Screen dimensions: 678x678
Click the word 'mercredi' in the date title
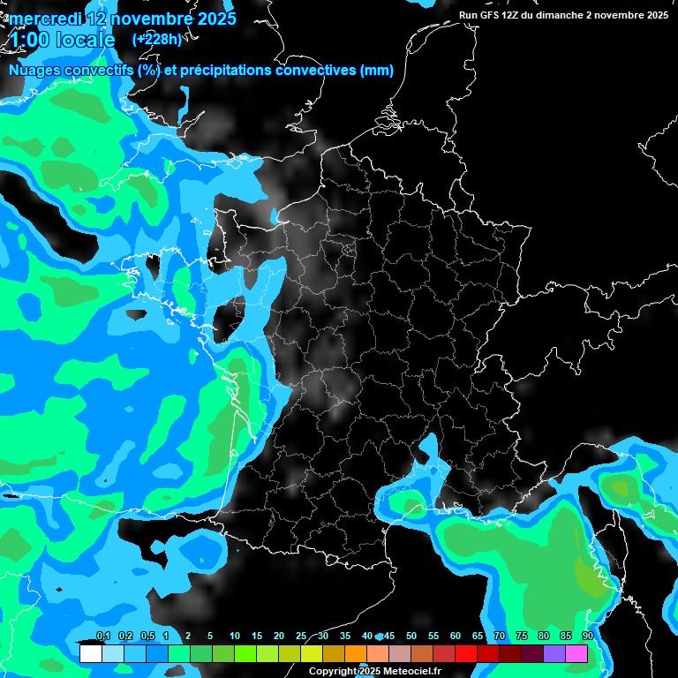[x=45, y=19]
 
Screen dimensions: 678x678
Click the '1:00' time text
[x=29, y=40]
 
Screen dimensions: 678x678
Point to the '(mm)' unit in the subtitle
[x=377, y=71]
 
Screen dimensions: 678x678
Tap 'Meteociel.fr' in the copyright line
[x=411, y=672]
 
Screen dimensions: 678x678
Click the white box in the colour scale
[x=90, y=653]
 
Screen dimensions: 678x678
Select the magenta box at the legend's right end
[x=576, y=653]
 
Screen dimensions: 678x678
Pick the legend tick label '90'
[x=587, y=637]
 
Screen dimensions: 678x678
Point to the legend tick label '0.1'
[x=102, y=637]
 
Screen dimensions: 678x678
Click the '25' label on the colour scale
[x=301, y=637]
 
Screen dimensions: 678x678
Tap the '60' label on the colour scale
[x=456, y=637]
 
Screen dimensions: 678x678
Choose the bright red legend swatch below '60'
[x=466, y=653]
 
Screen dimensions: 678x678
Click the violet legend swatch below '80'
[x=554, y=653]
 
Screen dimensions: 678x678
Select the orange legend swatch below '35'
[x=355, y=653]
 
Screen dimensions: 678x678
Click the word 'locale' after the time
[x=85, y=40]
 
